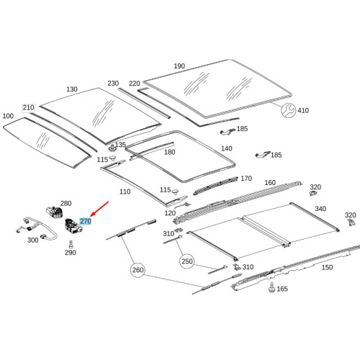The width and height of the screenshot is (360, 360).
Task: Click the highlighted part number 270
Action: point(86,222)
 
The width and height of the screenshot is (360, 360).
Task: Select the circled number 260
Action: point(139,272)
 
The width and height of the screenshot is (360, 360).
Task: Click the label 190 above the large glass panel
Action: point(179,67)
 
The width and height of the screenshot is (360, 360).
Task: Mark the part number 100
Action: point(8,115)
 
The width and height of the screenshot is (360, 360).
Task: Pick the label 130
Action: point(71,89)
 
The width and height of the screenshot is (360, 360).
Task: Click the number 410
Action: point(303,111)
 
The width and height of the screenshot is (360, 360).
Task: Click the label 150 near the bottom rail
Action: point(327,267)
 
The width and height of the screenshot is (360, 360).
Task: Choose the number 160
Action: point(270,183)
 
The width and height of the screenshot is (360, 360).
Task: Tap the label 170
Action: point(246,179)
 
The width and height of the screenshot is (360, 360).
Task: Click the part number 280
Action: point(66,204)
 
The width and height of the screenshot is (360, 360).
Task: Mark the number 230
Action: point(113,84)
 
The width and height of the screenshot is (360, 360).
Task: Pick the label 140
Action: point(227,148)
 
